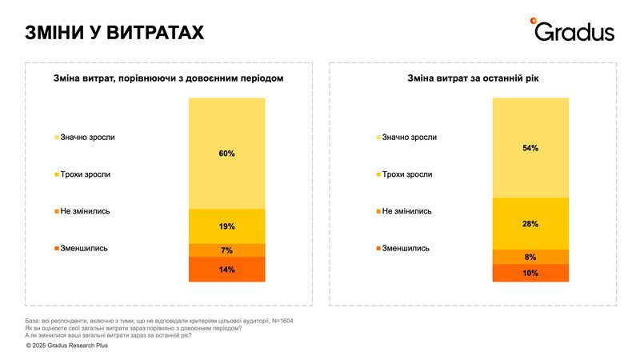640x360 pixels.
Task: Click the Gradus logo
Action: click(573, 30)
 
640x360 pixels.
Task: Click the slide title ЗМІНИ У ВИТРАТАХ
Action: click(114, 32)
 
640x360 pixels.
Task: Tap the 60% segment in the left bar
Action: click(226, 153)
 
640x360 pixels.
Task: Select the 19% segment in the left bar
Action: click(226, 226)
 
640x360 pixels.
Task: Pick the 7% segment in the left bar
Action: click(226, 250)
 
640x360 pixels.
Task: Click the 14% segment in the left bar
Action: click(226, 270)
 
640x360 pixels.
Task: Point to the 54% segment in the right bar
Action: click(530, 148)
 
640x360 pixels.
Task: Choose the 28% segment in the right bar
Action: click(530, 224)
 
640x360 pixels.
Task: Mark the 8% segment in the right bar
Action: click(530, 257)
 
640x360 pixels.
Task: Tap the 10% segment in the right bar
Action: click(530, 273)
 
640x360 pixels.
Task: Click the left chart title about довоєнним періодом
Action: click(168, 78)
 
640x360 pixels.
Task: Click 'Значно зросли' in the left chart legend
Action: click(87, 137)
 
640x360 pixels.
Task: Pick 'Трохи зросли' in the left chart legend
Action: click(85, 174)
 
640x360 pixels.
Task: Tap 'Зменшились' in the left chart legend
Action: click(84, 248)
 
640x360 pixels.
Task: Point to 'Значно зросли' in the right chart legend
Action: click(409, 137)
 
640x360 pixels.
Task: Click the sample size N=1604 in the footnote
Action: click(293, 320)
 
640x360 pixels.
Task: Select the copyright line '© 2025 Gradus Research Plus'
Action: click(66, 346)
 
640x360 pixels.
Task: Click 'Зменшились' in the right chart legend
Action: click(406, 248)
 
